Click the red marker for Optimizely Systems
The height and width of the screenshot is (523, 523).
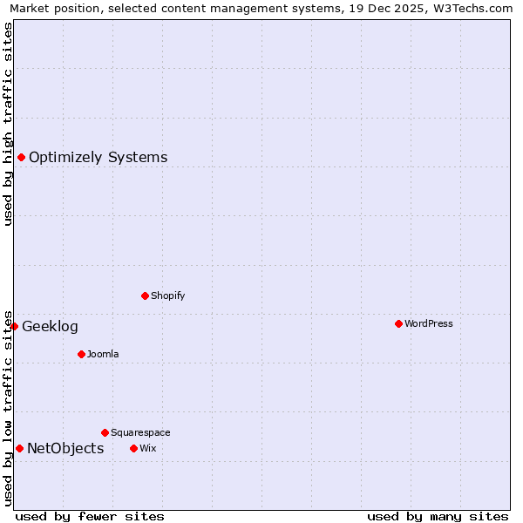click(21, 157)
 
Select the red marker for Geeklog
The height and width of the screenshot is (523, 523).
click(15, 326)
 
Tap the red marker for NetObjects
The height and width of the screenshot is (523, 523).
click(19, 448)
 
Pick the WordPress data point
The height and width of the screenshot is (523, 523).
click(398, 323)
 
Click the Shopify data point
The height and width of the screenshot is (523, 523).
click(145, 295)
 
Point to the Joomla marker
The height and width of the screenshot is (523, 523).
click(81, 354)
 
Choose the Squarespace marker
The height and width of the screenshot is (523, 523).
click(105, 432)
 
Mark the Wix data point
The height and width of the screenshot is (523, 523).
click(133, 448)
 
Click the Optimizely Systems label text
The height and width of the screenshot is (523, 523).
click(98, 158)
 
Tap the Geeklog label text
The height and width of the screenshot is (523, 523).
click(50, 327)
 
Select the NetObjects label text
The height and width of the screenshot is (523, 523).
click(65, 449)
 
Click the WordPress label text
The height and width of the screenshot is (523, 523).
click(428, 324)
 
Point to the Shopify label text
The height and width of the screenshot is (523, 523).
click(167, 296)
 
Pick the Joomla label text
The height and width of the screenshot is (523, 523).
click(103, 355)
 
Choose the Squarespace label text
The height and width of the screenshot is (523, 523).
click(140, 433)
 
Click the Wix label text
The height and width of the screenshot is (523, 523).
click(147, 449)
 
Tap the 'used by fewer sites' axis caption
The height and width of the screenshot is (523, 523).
click(90, 516)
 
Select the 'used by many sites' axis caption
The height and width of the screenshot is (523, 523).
click(438, 516)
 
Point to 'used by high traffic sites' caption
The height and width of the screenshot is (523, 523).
click(8, 124)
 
